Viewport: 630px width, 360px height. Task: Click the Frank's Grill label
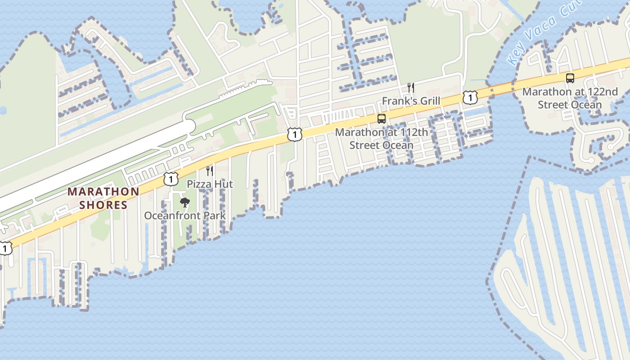coord(411,101)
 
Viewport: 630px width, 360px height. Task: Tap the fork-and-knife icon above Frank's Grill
coord(410,87)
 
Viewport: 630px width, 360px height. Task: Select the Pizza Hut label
coord(210,184)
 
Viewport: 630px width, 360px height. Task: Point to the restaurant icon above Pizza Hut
coord(210,171)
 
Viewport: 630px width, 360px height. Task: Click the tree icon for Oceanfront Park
coord(184,202)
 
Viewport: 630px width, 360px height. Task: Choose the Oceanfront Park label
coord(184,216)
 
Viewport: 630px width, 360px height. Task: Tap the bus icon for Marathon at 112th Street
coord(382,119)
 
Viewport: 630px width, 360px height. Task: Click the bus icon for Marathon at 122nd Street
coord(570,78)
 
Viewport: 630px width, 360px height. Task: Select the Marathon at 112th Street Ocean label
coord(382,139)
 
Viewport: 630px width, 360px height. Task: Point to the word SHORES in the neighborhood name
coord(103,205)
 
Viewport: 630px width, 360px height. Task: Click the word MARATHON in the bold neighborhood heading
coord(103,192)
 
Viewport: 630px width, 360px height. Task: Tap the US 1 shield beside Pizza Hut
coord(171,179)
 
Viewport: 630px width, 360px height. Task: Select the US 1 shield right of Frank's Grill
coord(470,97)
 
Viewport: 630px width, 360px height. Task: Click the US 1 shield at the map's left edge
coord(4,248)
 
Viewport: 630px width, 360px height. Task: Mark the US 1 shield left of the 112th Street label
coord(294,134)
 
